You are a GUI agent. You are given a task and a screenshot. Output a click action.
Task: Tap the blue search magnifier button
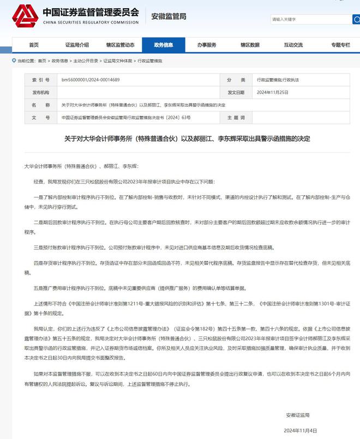pos(356,20)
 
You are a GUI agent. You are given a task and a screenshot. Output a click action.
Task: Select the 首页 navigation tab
pos(34,45)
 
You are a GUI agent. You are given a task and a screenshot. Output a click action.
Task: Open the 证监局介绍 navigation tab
pos(77,45)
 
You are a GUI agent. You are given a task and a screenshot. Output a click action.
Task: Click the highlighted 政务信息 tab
pos(163,45)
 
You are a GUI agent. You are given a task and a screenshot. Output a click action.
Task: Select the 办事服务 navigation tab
pos(207,45)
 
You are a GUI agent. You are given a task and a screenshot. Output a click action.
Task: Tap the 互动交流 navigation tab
pos(293,45)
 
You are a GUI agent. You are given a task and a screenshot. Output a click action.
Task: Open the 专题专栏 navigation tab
pos(340,45)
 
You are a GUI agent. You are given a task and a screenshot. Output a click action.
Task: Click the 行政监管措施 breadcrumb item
pos(149,61)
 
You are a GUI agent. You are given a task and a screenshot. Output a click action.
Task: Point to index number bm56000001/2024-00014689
pos(91,80)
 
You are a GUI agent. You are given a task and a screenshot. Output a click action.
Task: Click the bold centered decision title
pos(179,139)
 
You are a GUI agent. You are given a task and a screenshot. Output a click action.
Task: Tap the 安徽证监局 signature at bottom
pos(297,416)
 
